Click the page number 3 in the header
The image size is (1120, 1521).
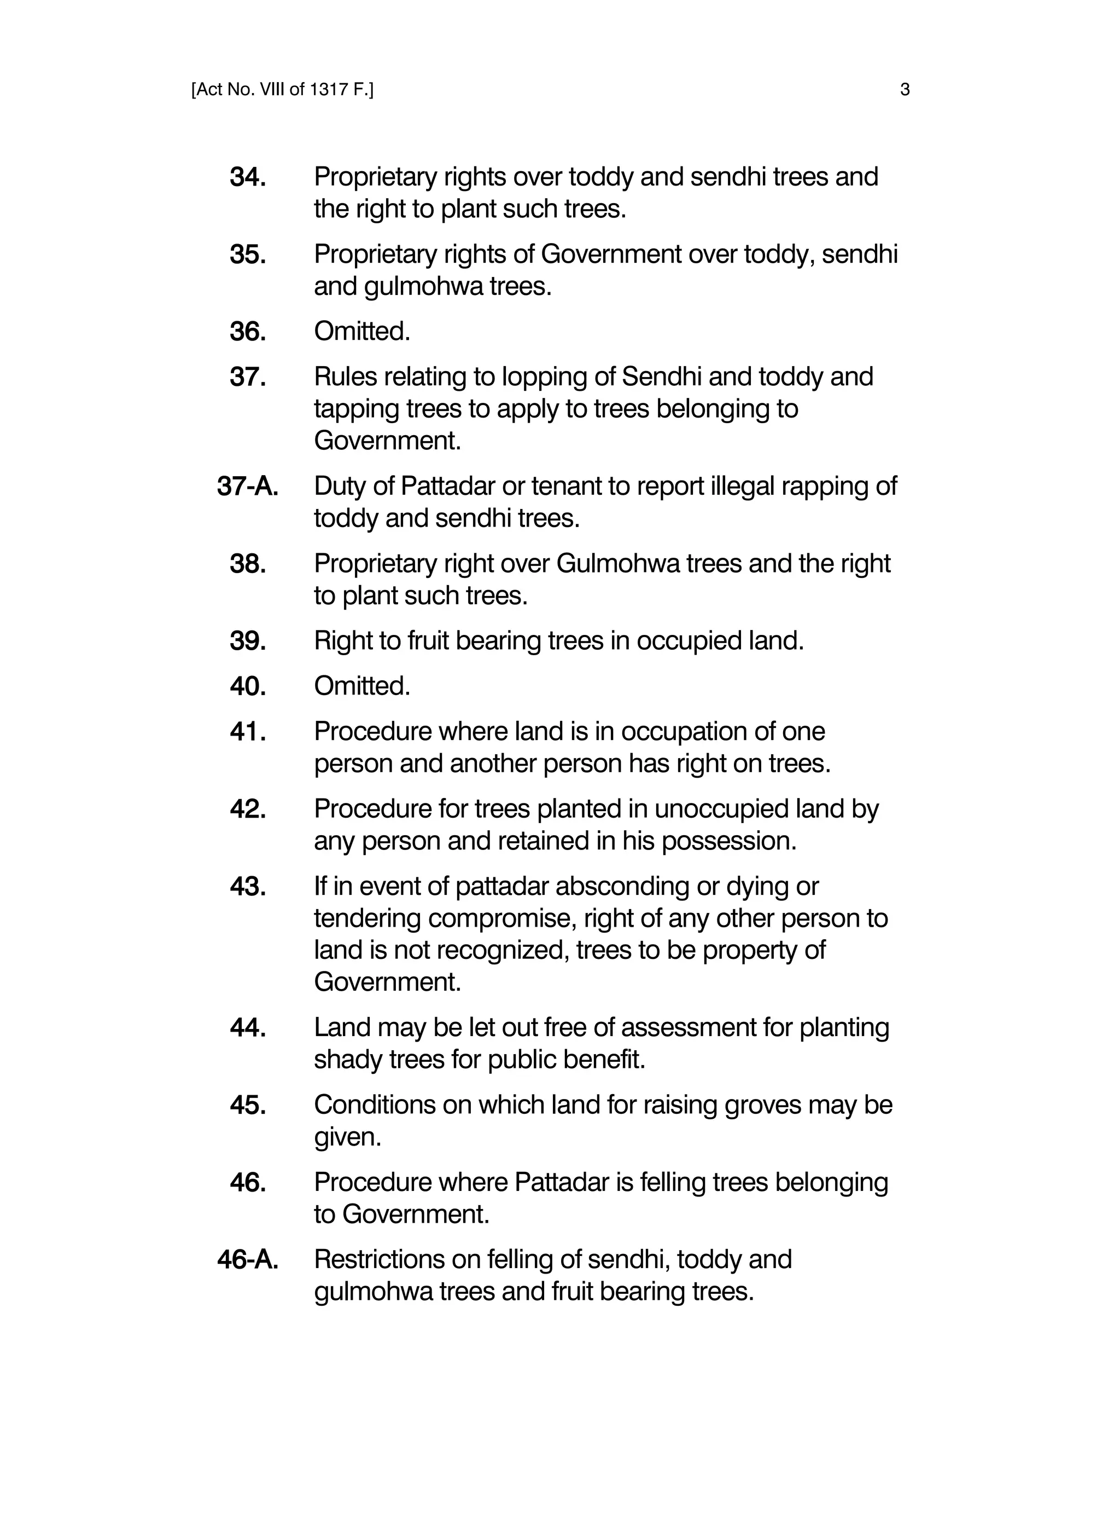(x=905, y=90)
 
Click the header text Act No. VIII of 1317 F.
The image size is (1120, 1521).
(x=282, y=90)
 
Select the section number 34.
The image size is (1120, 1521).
(x=247, y=177)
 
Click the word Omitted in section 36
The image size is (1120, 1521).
(x=361, y=332)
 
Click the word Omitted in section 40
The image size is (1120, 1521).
(x=361, y=686)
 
